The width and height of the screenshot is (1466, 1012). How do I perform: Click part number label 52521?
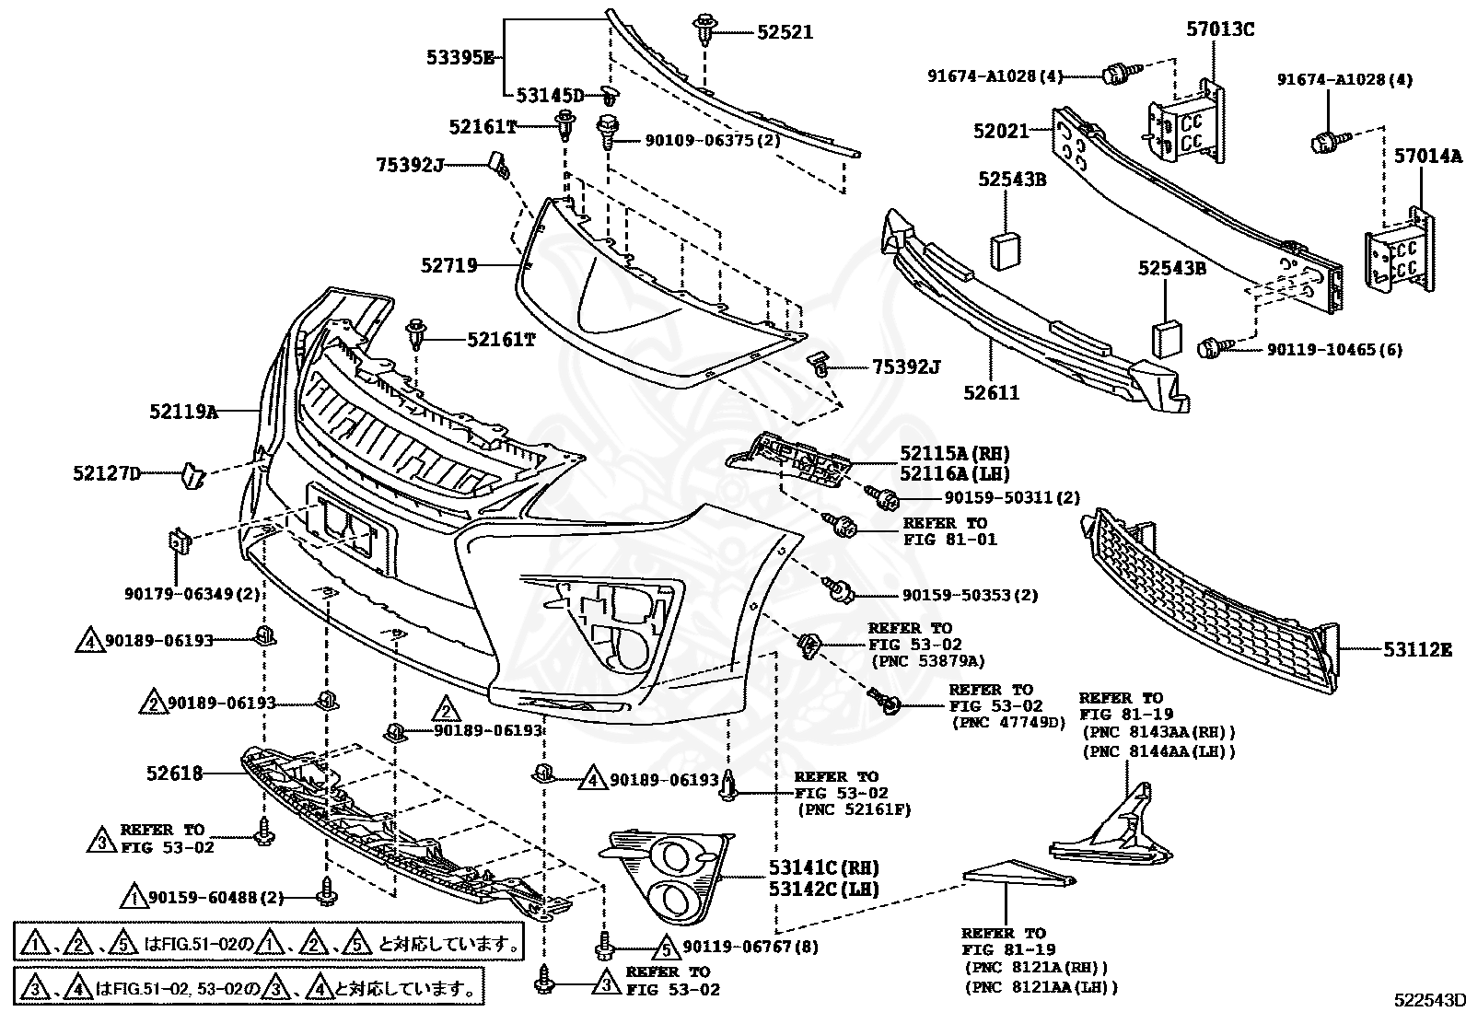point(785,32)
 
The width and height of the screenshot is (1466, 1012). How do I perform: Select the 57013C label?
point(1220,29)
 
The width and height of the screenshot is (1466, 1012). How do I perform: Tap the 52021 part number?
point(1001,131)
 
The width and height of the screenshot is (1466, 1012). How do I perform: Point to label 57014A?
point(1427,156)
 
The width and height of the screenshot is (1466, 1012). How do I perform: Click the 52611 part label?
point(992,392)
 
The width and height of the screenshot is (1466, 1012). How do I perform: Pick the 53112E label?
point(1418,649)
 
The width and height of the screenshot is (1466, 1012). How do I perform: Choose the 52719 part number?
point(449,265)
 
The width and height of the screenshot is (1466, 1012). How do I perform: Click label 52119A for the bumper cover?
point(184,411)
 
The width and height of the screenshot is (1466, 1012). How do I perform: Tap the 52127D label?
point(108,472)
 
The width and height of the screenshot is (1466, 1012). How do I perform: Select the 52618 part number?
point(175,774)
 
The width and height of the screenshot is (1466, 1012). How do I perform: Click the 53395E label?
point(460,58)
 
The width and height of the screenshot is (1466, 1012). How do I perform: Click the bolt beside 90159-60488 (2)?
point(327,891)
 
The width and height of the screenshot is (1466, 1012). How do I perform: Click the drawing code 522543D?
point(1429,999)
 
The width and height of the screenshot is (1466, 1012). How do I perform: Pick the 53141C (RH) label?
point(823,868)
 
